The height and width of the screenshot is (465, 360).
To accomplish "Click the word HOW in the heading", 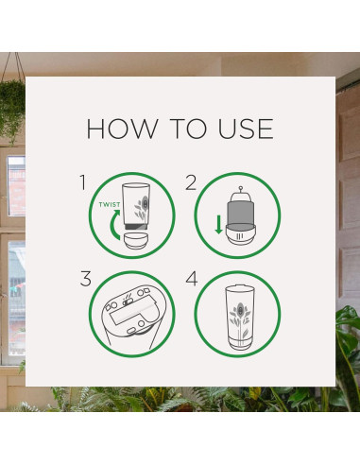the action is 122,129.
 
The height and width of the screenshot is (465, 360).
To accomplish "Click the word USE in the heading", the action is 246,129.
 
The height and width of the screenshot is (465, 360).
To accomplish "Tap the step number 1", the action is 83,182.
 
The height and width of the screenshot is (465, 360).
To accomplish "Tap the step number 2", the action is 191,182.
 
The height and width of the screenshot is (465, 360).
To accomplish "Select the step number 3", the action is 86,279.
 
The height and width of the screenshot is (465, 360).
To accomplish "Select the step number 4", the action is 192,279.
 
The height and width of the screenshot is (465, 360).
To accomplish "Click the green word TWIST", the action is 110,205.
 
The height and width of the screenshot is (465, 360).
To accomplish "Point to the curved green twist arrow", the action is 112,224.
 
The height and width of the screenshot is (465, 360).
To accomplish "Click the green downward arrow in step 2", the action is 218,225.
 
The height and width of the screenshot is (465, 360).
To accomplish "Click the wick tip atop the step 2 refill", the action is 241,188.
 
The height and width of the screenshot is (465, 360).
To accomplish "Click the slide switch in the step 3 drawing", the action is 128,302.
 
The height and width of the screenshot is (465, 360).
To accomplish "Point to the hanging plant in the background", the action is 12,107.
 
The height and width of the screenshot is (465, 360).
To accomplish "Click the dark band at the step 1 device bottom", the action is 136,226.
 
